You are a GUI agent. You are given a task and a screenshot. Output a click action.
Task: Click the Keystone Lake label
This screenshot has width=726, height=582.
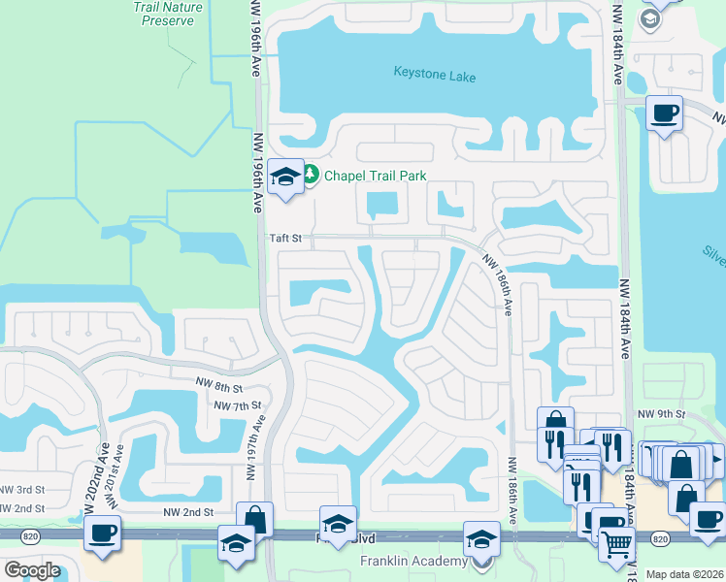(x=435, y=74)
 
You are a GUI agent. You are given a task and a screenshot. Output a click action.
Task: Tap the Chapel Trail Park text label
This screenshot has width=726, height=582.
(x=376, y=176)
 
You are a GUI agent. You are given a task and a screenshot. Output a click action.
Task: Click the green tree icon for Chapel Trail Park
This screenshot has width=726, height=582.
(x=311, y=175)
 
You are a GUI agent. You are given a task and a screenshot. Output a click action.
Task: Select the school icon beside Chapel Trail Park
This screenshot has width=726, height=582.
(x=285, y=177)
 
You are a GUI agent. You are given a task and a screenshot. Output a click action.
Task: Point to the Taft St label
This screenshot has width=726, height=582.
(x=286, y=237)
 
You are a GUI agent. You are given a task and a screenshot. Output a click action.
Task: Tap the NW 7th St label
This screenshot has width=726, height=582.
(x=238, y=405)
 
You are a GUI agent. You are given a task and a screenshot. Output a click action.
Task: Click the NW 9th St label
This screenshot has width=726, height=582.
(x=662, y=414)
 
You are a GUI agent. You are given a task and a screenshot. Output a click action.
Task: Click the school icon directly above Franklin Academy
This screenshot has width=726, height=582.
(x=481, y=538)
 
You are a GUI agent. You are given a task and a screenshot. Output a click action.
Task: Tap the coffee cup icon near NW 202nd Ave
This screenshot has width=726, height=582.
(x=101, y=532)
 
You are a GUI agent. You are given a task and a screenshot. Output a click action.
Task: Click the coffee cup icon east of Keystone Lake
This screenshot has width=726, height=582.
(x=664, y=113)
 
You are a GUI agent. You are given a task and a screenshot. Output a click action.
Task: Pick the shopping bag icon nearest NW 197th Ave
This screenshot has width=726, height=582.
(x=254, y=517)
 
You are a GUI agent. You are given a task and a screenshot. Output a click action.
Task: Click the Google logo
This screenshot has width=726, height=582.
(x=32, y=570)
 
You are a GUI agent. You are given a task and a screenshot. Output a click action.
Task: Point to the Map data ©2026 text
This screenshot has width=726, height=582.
(x=685, y=574)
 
